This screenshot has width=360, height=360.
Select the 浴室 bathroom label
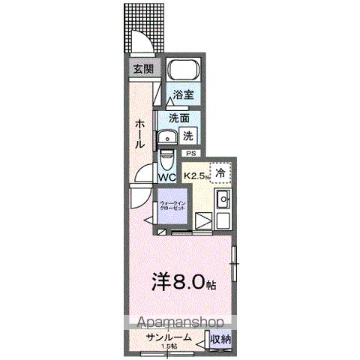pyautogui.click(x=183, y=94)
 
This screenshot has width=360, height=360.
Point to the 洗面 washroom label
pyautogui.click(x=178, y=118)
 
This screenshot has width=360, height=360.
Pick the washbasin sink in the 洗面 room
pyautogui.click(x=166, y=136)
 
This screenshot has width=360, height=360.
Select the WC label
pyautogui.click(x=166, y=177)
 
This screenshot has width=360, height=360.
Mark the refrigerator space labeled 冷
pyautogui.click(x=220, y=172)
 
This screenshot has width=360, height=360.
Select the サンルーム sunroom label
pyautogui.click(x=165, y=338)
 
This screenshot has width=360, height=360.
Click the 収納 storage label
pyautogui.click(x=220, y=339)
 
